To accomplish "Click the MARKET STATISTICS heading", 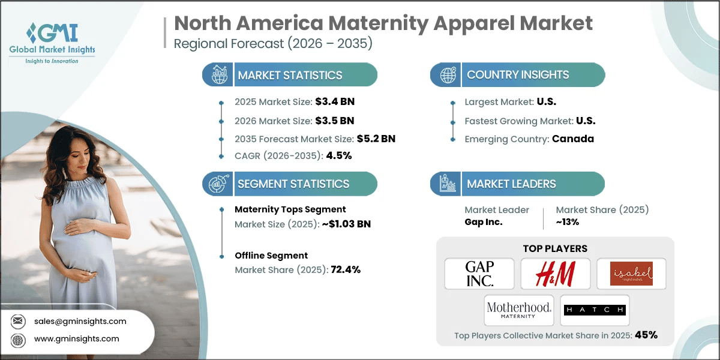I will pyautogui.click(x=290, y=75).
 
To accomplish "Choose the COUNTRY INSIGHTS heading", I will pyautogui.click(x=518, y=75).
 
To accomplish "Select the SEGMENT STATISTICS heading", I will pyautogui.click(x=293, y=184).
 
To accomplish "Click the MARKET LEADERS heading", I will pyautogui.click(x=511, y=184).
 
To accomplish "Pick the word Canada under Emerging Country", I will pyautogui.click(x=574, y=139).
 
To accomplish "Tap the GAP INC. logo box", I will pyautogui.click(x=479, y=274).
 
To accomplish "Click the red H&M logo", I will pyautogui.click(x=555, y=274).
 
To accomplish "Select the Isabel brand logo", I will pyautogui.click(x=631, y=274).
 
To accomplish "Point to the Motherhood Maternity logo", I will pyautogui.click(x=519, y=310).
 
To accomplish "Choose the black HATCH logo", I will pyautogui.click(x=595, y=310).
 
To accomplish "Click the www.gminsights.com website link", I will pyautogui.click(x=77, y=339).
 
